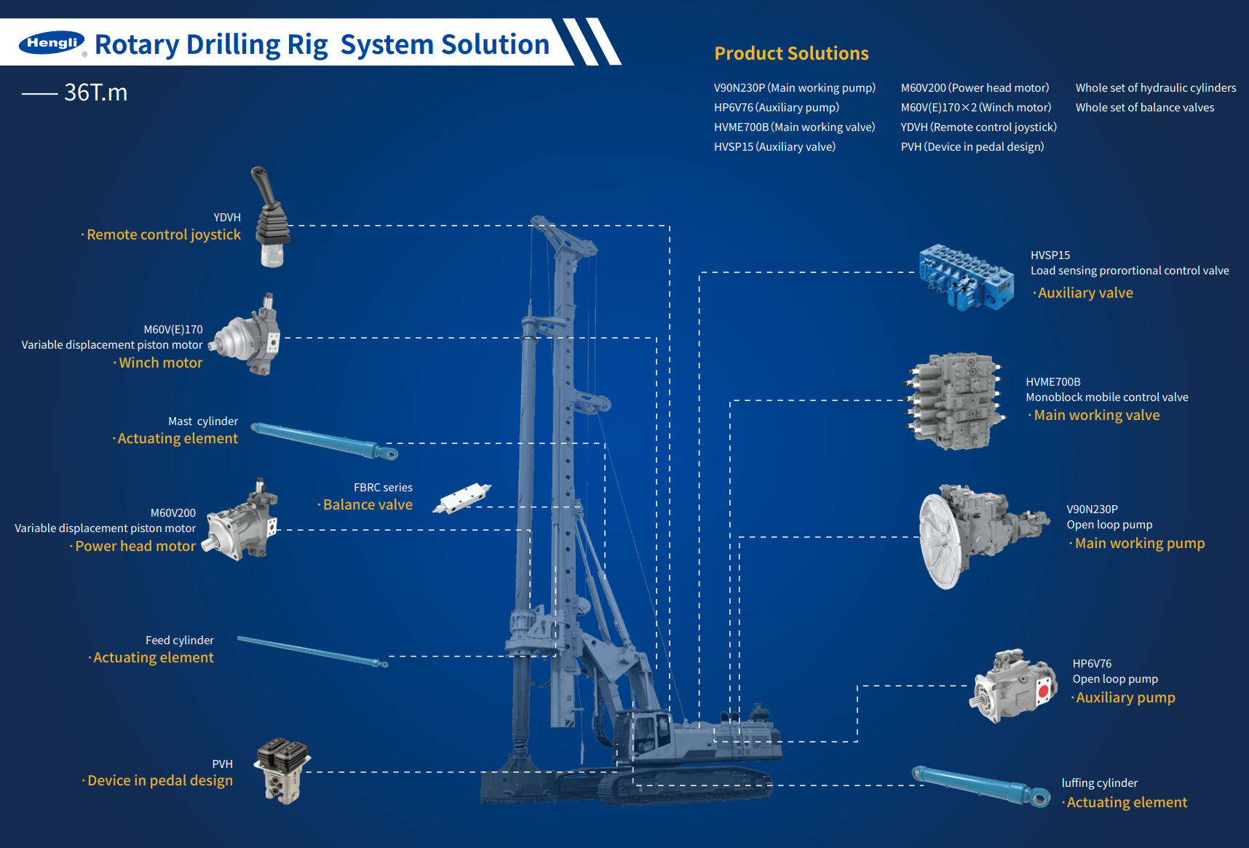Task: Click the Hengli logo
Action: tap(52, 43)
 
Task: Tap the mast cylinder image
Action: tap(325, 440)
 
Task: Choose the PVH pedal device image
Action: tap(282, 769)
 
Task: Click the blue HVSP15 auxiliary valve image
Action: tap(965, 277)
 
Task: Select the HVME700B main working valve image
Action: tap(953, 401)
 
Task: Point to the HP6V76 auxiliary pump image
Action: tap(1012, 685)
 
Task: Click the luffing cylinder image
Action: tap(980, 786)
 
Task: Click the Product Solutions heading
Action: tap(791, 53)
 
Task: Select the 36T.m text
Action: tap(95, 92)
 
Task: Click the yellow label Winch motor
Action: tap(160, 362)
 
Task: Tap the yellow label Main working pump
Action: tap(1139, 543)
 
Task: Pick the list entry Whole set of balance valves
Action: tap(1144, 107)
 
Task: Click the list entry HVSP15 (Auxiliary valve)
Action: tap(774, 146)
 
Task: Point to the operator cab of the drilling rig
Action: tap(651, 734)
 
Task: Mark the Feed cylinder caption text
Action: tap(179, 640)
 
